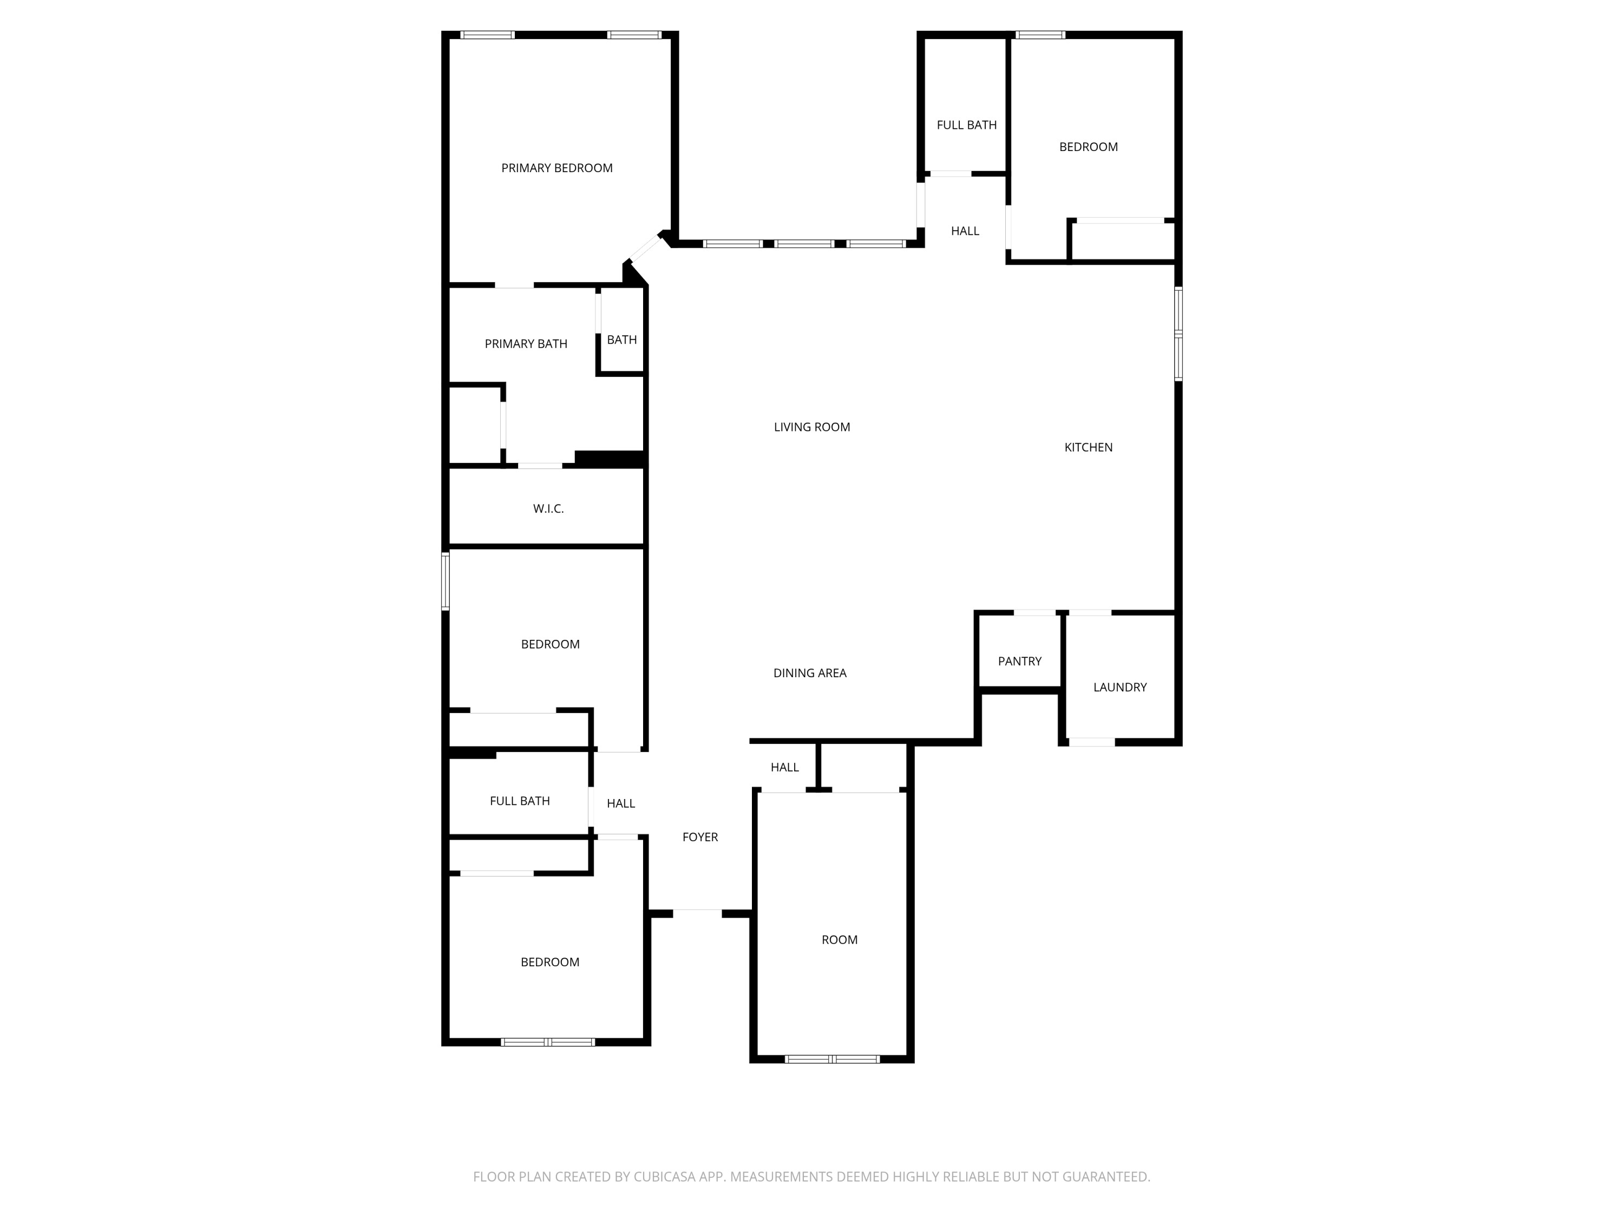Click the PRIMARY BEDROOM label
(x=556, y=168)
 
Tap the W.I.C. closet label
(x=548, y=509)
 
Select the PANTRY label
(x=1019, y=662)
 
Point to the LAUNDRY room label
(x=1119, y=687)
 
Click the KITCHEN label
(x=1088, y=447)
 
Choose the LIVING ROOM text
(x=811, y=427)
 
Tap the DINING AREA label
(x=809, y=673)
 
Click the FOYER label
(x=699, y=837)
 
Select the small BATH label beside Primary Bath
(x=621, y=340)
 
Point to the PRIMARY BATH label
(x=526, y=344)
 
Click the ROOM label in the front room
(x=839, y=940)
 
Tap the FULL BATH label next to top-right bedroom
(x=966, y=126)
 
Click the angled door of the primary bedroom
(x=645, y=247)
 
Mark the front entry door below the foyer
(x=697, y=913)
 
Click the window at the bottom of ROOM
(x=832, y=1059)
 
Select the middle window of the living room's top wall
(x=804, y=244)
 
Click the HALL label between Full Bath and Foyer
(x=620, y=804)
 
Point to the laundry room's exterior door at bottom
(x=1091, y=742)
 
